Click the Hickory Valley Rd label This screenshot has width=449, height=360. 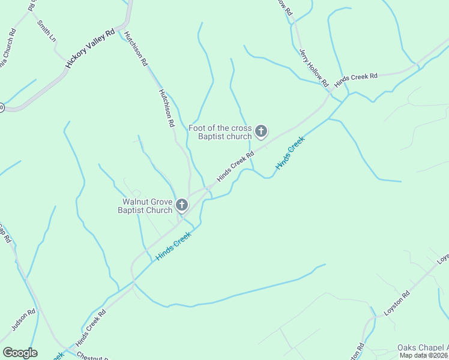[x=90, y=49]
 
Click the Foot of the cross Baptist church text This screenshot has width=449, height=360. [x=220, y=132]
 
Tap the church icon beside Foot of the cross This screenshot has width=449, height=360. [x=261, y=131]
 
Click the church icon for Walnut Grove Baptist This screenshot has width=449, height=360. [x=181, y=206]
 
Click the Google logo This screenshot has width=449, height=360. [x=20, y=353]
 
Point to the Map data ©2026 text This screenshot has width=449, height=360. [x=424, y=355]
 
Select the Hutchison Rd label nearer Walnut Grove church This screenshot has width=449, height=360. [x=166, y=108]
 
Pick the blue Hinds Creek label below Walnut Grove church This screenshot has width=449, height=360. [x=173, y=246]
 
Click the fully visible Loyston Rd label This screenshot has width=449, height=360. [x=397, y=303]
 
